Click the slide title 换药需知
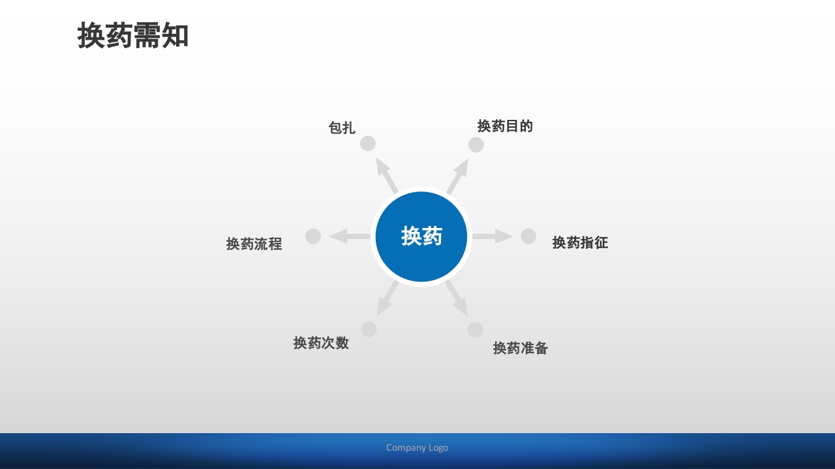[133, 36]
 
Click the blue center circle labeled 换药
[421, 236]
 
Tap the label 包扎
[342, 128]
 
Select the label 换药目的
[505, 126]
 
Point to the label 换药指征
[580, 243]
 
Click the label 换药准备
[521, 348]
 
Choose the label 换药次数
[321, 343]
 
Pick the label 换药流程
[254, 244]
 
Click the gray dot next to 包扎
[368, 143]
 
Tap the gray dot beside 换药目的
[476, 145]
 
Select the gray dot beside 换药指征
[528, 236]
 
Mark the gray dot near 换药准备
[476, 330]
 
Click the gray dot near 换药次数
[369, 329]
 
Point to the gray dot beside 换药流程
[313, 236]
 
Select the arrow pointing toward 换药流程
[350, 236]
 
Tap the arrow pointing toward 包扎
[387, 175]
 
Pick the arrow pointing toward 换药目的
[458, 176]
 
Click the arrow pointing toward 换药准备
[457, 298]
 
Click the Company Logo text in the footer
[417, 448]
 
